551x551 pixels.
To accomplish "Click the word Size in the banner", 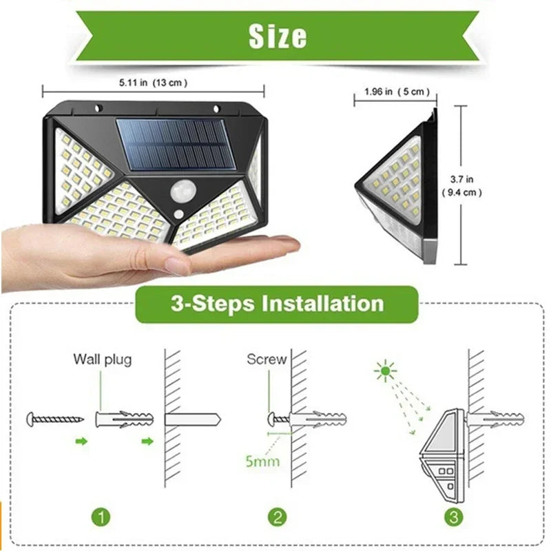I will pyautogui.click(x=278, y=37).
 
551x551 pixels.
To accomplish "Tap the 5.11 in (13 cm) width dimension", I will pyautogui.click(x=153, y=83).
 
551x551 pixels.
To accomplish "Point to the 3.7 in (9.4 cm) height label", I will pyautogui.click(x=461, y=186).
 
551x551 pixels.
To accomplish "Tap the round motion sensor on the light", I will pyautogui.click(x=183, y=188).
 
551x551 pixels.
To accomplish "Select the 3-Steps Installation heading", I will pyautogui.click(x=277, y=304).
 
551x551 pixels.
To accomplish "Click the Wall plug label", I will pyautogui.click(x=102, y=359).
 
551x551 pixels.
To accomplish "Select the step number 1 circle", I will pyautogui.click(x=101, y=517).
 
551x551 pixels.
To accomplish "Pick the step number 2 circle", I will pyautogui.click(x=276, y=517).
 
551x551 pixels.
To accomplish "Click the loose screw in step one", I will pyautogui.click(x=55, y=417).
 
